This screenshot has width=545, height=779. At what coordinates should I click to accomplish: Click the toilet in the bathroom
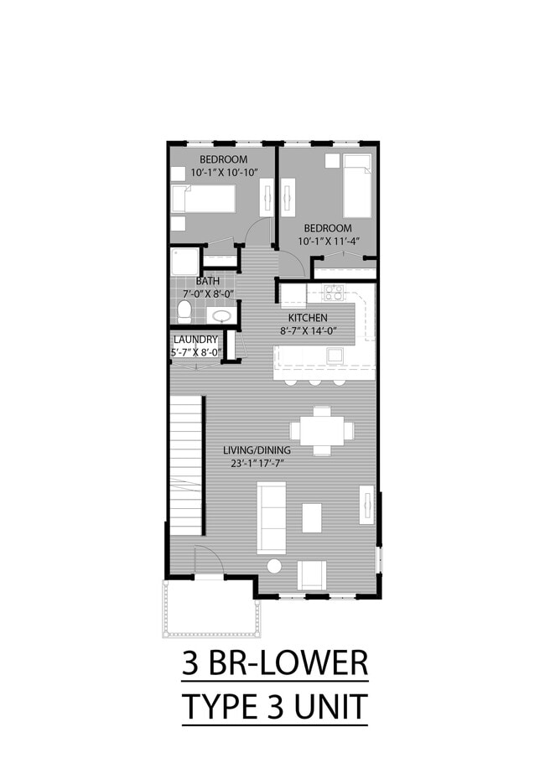(x=184, y=312)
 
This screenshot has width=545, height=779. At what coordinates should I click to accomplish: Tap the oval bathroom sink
(x=221, y=316)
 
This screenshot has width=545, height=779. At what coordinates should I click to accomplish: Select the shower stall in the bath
(x=183, y=262)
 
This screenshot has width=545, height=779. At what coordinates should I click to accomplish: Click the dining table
(x=322, y=430)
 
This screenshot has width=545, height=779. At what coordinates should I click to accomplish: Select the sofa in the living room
(x=272, y=517)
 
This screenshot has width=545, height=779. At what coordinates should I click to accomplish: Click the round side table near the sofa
(x=274, y=567)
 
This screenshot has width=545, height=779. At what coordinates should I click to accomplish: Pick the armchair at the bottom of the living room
(x=312, y=574)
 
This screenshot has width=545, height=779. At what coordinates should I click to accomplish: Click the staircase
(x=186, y=465)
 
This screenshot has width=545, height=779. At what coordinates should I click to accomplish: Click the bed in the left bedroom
(x=203, y=200)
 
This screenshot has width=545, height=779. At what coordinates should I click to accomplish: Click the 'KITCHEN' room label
(x=308, y=318)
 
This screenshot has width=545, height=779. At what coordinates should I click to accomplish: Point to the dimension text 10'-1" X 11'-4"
(x=328, y=241)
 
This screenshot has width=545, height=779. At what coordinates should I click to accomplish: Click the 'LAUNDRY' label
(x=195, y=340)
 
